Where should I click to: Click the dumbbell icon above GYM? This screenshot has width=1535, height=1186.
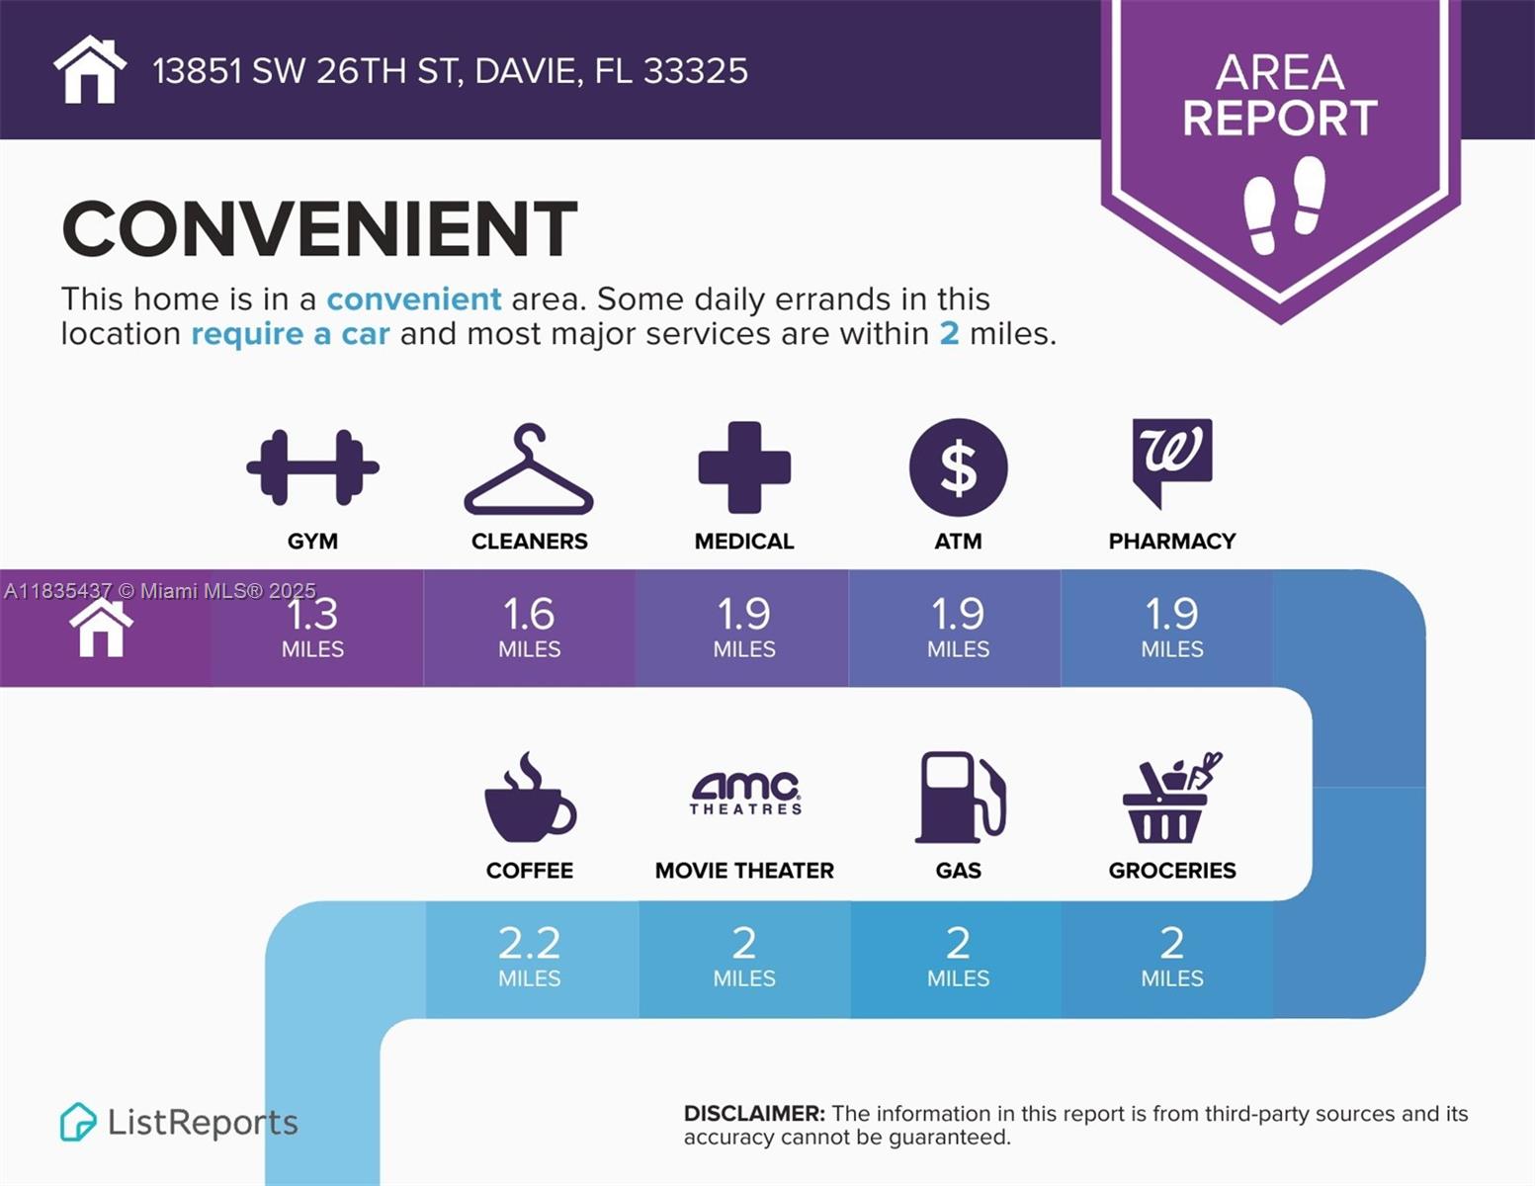tap(312, 467)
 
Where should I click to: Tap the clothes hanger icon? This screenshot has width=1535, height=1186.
tap(529, 471)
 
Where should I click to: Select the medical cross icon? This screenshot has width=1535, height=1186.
tap(744, 467)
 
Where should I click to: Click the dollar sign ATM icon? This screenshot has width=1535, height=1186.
tap(958, 467)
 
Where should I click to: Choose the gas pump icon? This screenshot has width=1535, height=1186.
tap(960, 798)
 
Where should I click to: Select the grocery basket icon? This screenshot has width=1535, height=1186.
tap(1170, 798)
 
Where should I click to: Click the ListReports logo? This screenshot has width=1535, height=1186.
tap(179, 1122)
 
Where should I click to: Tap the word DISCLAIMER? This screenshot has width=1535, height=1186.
tap(754, 1114)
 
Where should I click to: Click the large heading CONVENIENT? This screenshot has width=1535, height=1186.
tap(319, 229)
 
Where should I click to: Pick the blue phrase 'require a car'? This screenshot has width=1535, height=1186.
tap(290, 334)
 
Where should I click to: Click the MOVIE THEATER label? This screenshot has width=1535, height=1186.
tap(744, 871)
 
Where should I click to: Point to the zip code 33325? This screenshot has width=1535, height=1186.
tap(695, 71)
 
